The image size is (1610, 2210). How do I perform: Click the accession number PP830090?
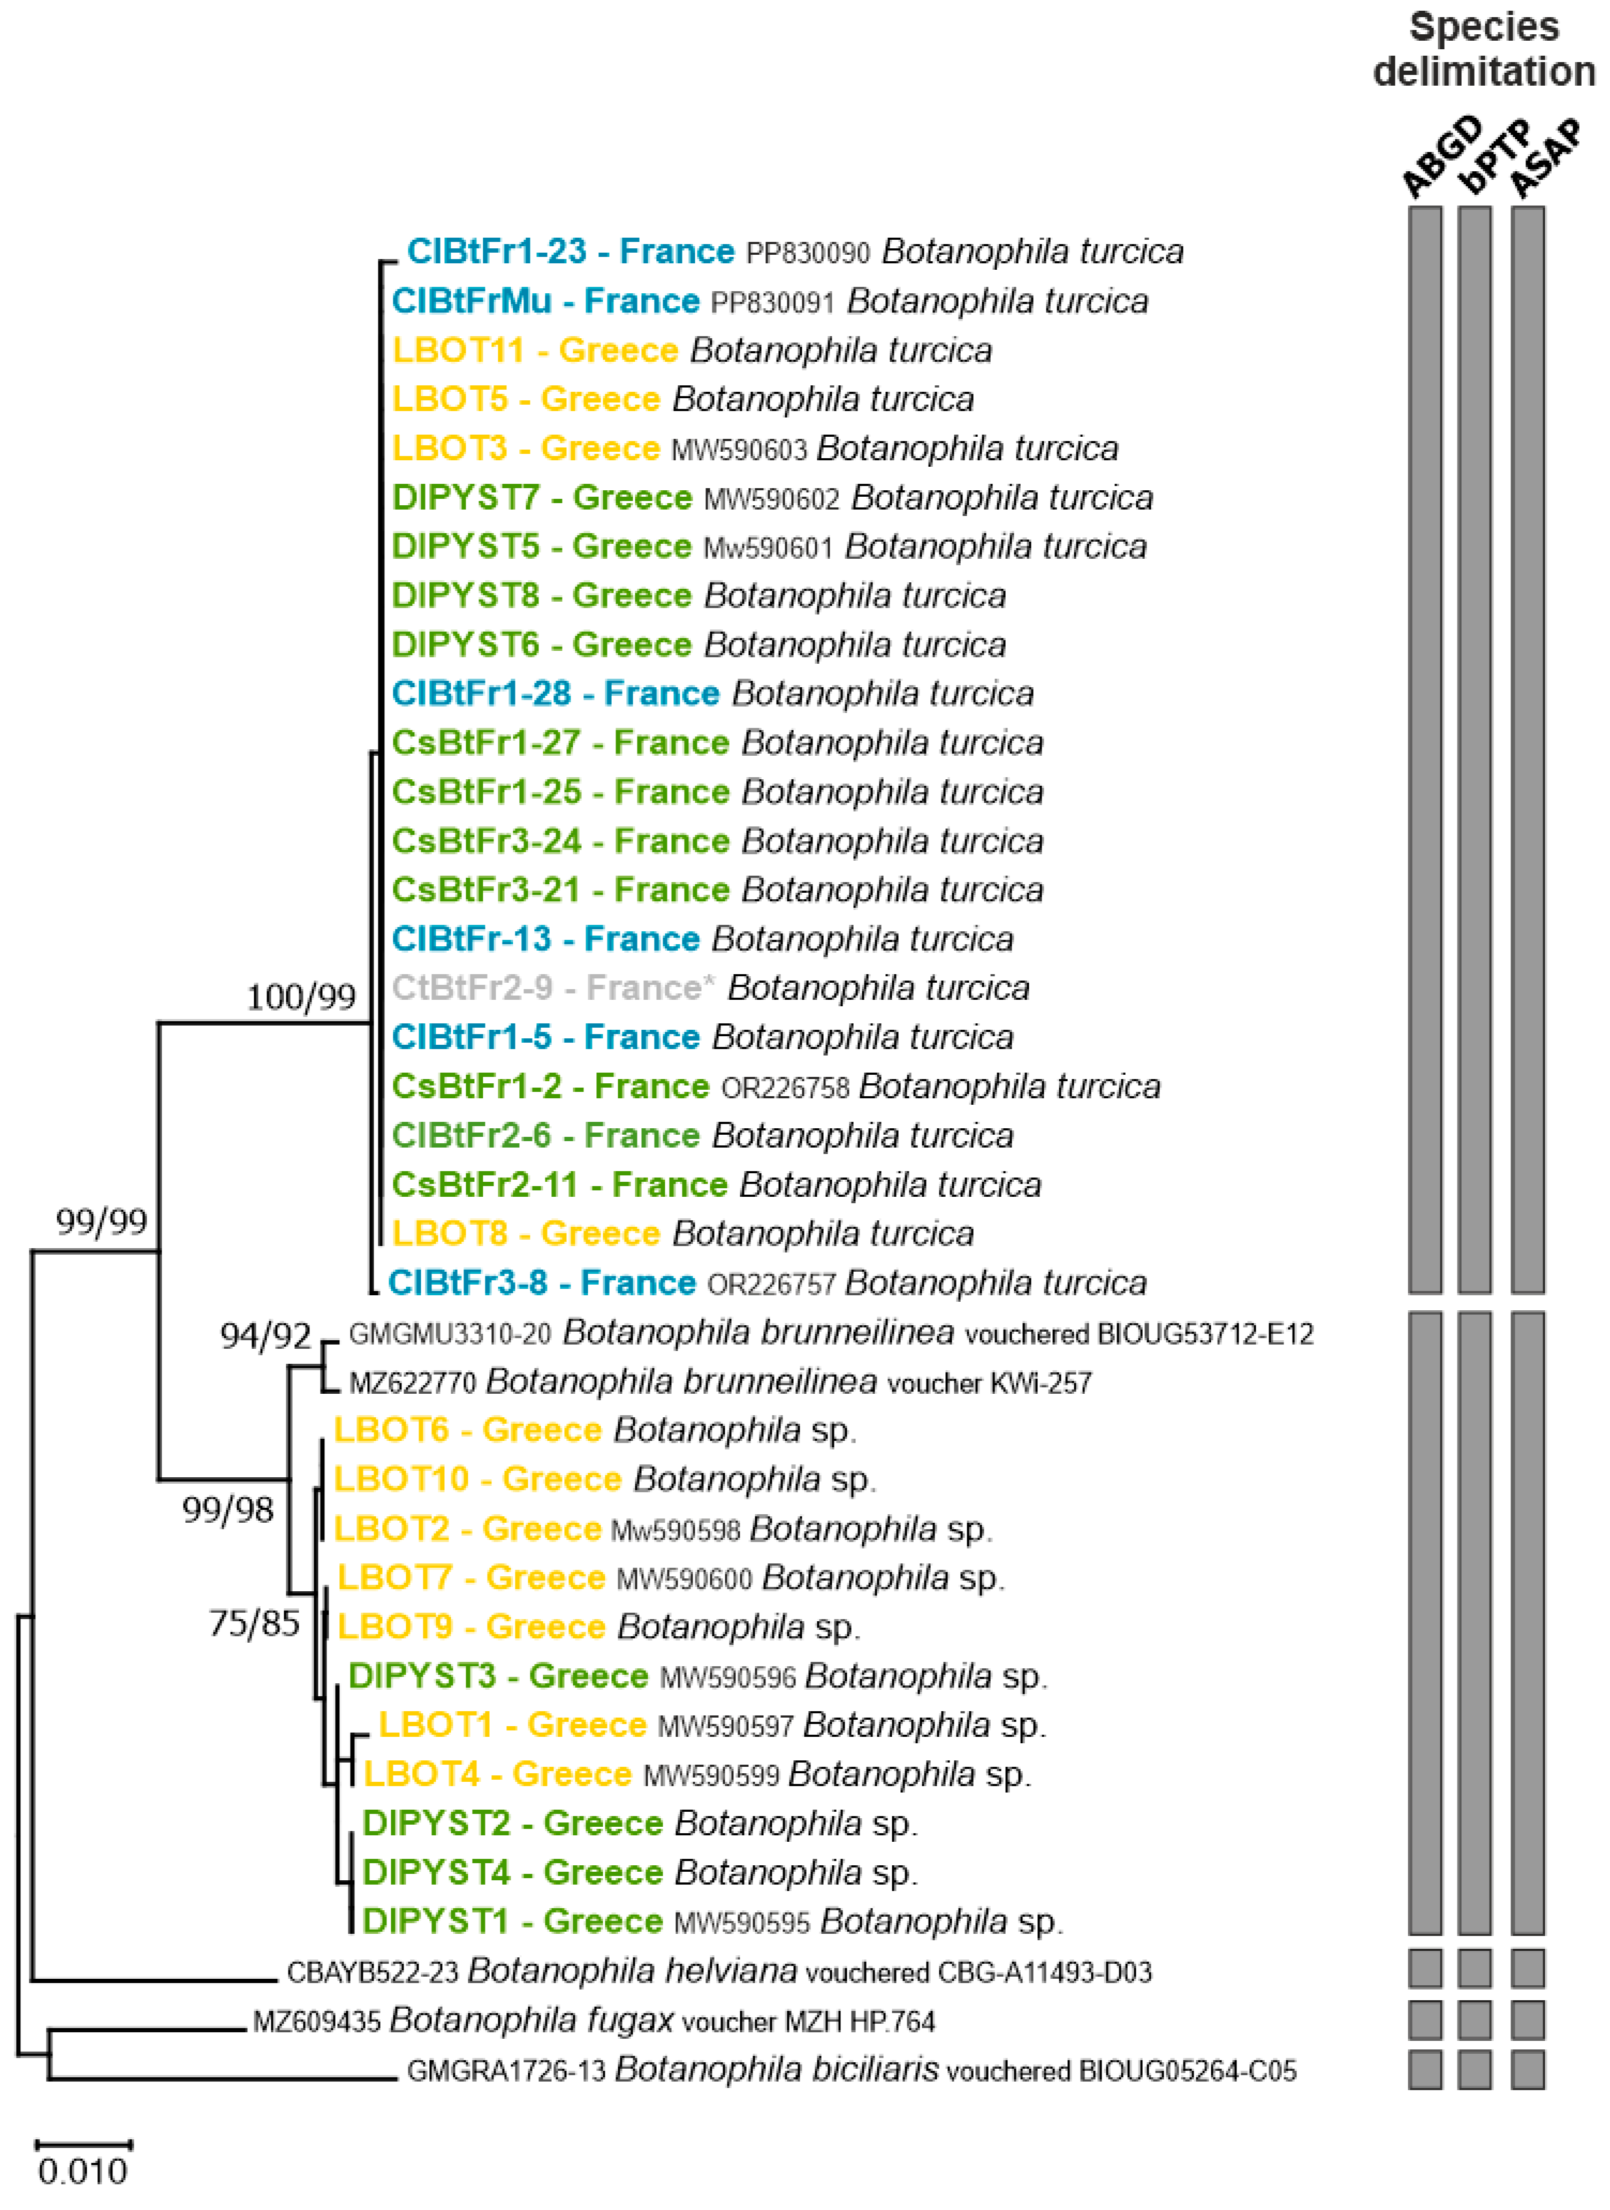[808, 253]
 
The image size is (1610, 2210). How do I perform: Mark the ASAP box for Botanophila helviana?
[1527, 1969]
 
